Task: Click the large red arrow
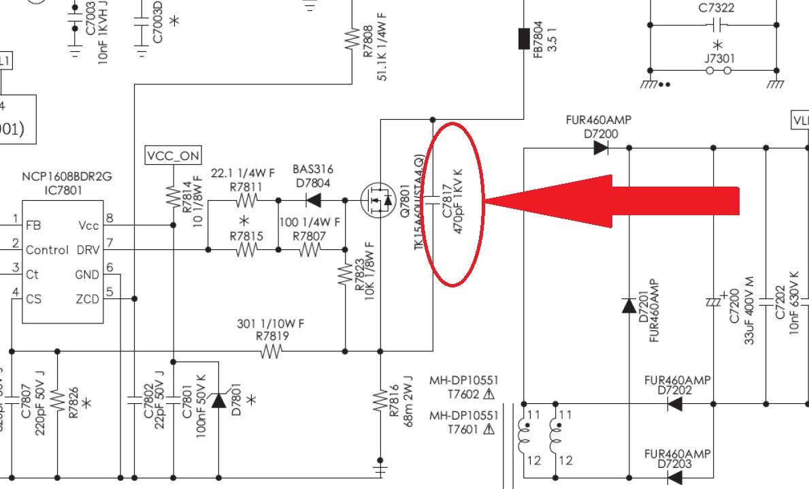612,200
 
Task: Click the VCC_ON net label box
173,156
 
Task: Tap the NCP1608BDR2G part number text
66,177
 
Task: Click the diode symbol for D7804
313,200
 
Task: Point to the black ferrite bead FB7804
525,39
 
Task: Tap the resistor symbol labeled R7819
271,351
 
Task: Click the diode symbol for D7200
600,147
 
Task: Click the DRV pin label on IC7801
88,250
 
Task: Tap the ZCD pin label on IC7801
87,299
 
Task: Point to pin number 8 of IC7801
109,219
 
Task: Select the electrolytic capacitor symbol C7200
714,300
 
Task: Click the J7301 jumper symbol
719,70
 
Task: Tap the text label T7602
463,394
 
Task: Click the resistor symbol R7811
246,200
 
